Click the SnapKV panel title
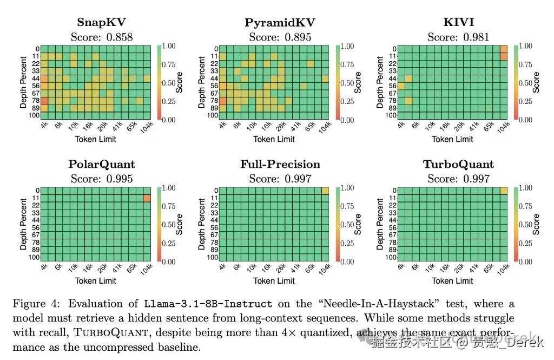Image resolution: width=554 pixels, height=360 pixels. (102, 22)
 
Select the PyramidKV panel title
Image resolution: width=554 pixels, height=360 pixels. (280, 22)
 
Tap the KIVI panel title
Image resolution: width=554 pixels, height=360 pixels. (458, 22)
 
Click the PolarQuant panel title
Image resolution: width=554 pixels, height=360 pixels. (102, 164)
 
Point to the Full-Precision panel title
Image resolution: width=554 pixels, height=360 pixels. (280, 164)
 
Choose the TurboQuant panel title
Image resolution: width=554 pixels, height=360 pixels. (458, 164)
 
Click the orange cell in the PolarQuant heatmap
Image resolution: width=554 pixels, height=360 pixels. (147, 199)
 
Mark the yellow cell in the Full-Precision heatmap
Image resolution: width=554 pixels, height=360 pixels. (325, 191)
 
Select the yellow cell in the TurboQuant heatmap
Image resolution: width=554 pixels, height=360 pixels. (503, 191)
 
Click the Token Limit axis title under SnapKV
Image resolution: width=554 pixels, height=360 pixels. (95, 139)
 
